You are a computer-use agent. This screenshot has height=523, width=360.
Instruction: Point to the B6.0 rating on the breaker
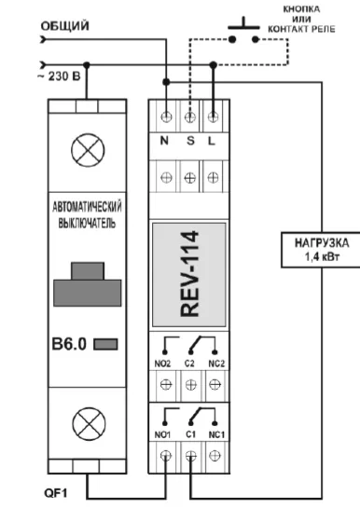pos(70,343)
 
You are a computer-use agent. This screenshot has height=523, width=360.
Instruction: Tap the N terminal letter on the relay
pos(165,142)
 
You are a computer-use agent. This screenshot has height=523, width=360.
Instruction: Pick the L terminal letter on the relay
pos(214,142)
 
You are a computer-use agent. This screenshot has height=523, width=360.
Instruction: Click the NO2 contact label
pos(164,355)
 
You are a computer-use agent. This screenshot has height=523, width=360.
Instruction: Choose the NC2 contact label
pos(215,355)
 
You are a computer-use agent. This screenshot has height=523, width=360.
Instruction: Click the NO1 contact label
pos(164,434)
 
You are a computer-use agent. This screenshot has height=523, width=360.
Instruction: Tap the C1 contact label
pos(190,434)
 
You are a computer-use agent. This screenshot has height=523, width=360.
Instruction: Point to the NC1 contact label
pos(215,434)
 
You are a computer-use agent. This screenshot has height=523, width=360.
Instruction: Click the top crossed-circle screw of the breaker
pos(89,147)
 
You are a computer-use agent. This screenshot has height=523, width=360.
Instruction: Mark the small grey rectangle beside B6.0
pos(107,344)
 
